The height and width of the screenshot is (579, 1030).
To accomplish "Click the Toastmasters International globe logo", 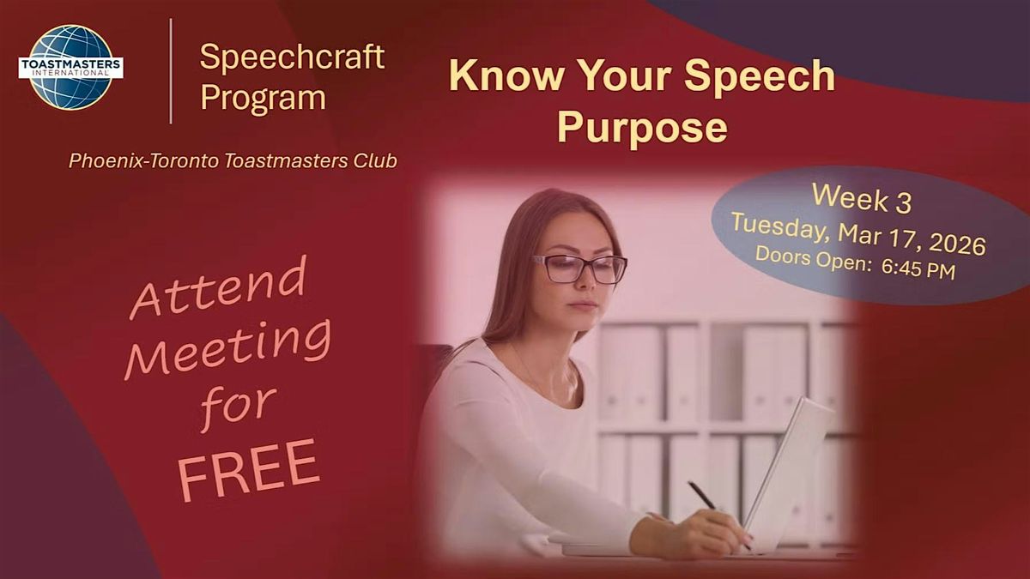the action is point(70,67).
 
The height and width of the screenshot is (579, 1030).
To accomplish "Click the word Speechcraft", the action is point(292,57).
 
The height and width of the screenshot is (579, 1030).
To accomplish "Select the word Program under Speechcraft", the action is point(263,99).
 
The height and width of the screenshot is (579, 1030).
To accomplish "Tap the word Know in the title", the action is point(506,75).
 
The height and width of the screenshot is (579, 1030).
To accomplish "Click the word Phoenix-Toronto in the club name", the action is point(144,161).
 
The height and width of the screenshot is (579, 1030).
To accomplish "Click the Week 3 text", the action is point(862,198).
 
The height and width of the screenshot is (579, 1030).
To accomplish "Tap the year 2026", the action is point(957,244).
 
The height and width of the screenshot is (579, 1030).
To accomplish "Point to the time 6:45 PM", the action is point(918,269).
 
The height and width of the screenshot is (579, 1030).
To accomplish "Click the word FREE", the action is point(249,470).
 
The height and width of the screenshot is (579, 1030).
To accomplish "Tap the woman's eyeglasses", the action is point(580,268).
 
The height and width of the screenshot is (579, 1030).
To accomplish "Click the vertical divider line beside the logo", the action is point(171,71).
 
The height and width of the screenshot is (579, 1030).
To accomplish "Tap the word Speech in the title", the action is point(759,76).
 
